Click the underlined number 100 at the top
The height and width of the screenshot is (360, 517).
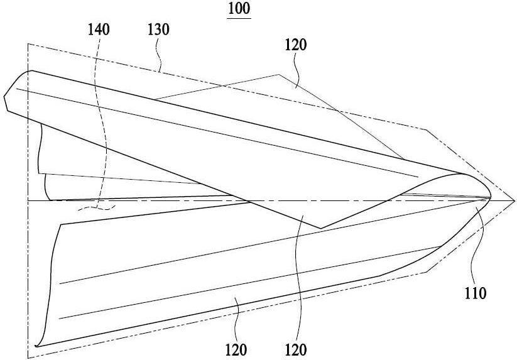pyautogui.click(x=239, y=8)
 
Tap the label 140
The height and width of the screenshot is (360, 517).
pyautogui.click(x=98, y=30)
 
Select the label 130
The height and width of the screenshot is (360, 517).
pyautogui.click(x=158, y=30)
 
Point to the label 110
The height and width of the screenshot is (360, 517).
pyautogui.click(x=475, y=293)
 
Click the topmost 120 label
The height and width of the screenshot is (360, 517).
pyautogui.click(x=296, y=45)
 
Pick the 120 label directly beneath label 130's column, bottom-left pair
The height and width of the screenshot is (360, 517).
pyautogui.click(x=236, y=350)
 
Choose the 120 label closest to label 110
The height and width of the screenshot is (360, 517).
pyautogui.click(x=296, y=350)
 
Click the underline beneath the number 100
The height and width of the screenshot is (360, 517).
pyautogui.click(x=239, y=18)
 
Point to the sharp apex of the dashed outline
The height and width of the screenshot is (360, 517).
pyautogui.click(x=514, y=200)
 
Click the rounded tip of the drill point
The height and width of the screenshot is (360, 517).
pyautogui.click(x=490, y=197)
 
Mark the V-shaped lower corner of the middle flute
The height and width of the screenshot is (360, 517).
pyautogui.click(x=321, y=228)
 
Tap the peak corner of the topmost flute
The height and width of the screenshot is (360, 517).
pyautogui.click(x=279, y=75)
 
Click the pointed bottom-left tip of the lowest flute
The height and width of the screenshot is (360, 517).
pyautogui.click(x=36, y=346)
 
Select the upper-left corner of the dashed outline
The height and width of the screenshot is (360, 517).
pyautogui.click(x=28, y=43)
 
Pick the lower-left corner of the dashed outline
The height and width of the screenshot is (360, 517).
pyautogui.click(x=28, y=358)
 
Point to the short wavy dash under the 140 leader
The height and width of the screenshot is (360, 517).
pyautogui.click(x=96, y=208)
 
